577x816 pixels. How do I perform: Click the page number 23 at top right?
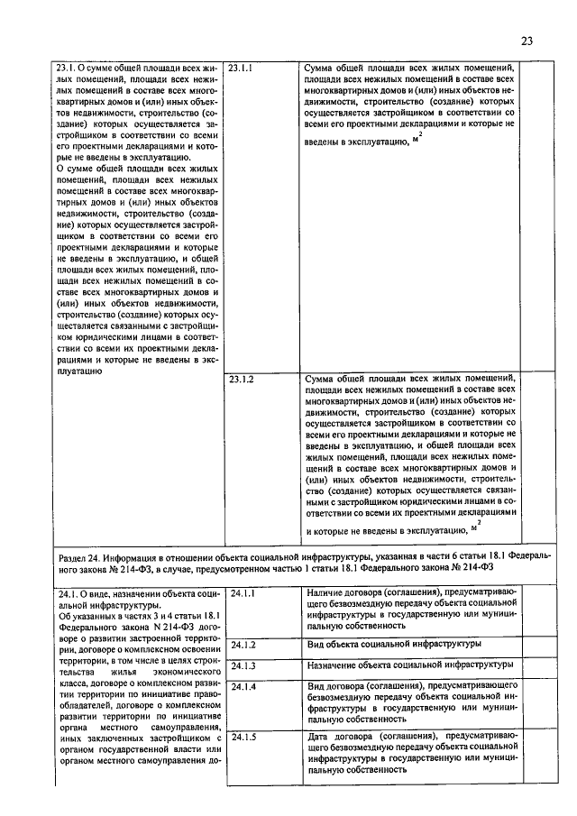click(527, 41)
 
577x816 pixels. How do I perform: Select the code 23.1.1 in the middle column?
click(242, 68)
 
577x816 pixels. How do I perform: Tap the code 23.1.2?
click(242, 380)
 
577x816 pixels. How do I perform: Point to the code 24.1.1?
click(243, 594)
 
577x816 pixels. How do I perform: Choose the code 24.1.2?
click(243, 646)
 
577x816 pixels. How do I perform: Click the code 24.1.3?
click(243, 666)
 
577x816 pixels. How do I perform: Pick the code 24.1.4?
click(243, 687)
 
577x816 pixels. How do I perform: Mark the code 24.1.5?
click(243, 737)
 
